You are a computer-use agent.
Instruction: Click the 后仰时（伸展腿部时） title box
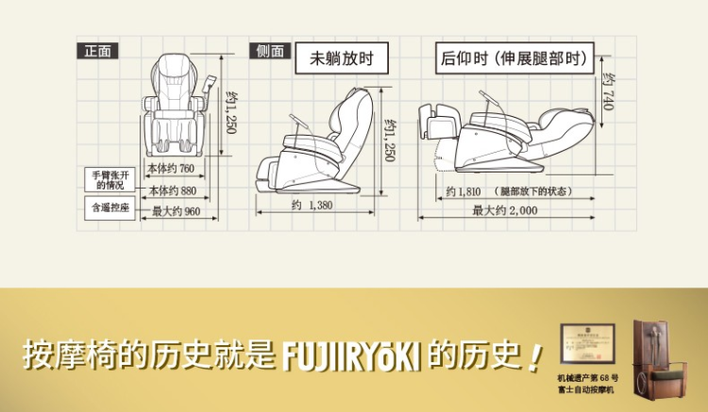[514, 58]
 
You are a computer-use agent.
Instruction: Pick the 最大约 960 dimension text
[177, 212]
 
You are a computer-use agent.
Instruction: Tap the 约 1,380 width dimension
[312, 206]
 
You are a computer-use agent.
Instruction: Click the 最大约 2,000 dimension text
[505, 211]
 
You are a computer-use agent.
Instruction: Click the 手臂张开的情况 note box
[108, 180]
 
